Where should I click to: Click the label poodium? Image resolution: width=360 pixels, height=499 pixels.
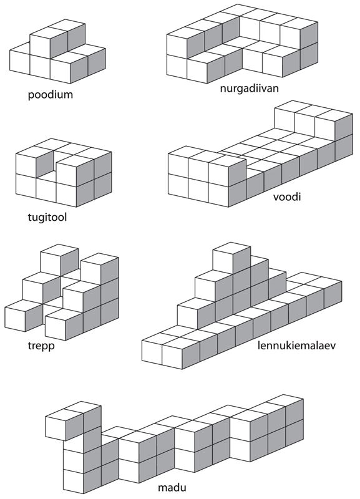(x=51, y=95)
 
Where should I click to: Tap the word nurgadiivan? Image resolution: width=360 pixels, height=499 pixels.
(x=249, y=88)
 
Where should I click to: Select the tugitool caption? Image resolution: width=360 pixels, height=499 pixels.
(x=47, y=217)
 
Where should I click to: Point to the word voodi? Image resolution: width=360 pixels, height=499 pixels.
(x=287, y=196)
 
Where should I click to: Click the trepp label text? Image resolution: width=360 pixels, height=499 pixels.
(x=41, y=346)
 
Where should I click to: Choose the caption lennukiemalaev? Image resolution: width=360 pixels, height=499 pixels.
(x=296, y=346)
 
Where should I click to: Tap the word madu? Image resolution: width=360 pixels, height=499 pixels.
(x=172, y=487)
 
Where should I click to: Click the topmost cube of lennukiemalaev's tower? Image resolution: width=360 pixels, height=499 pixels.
(x=231, y=258)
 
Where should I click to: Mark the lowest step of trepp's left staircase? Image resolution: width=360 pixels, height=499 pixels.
(x=24, y=316)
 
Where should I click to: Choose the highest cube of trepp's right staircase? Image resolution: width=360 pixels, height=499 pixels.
(x=100, y=268)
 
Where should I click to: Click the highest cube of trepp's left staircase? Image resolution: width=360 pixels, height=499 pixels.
(x=59, y=259)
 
